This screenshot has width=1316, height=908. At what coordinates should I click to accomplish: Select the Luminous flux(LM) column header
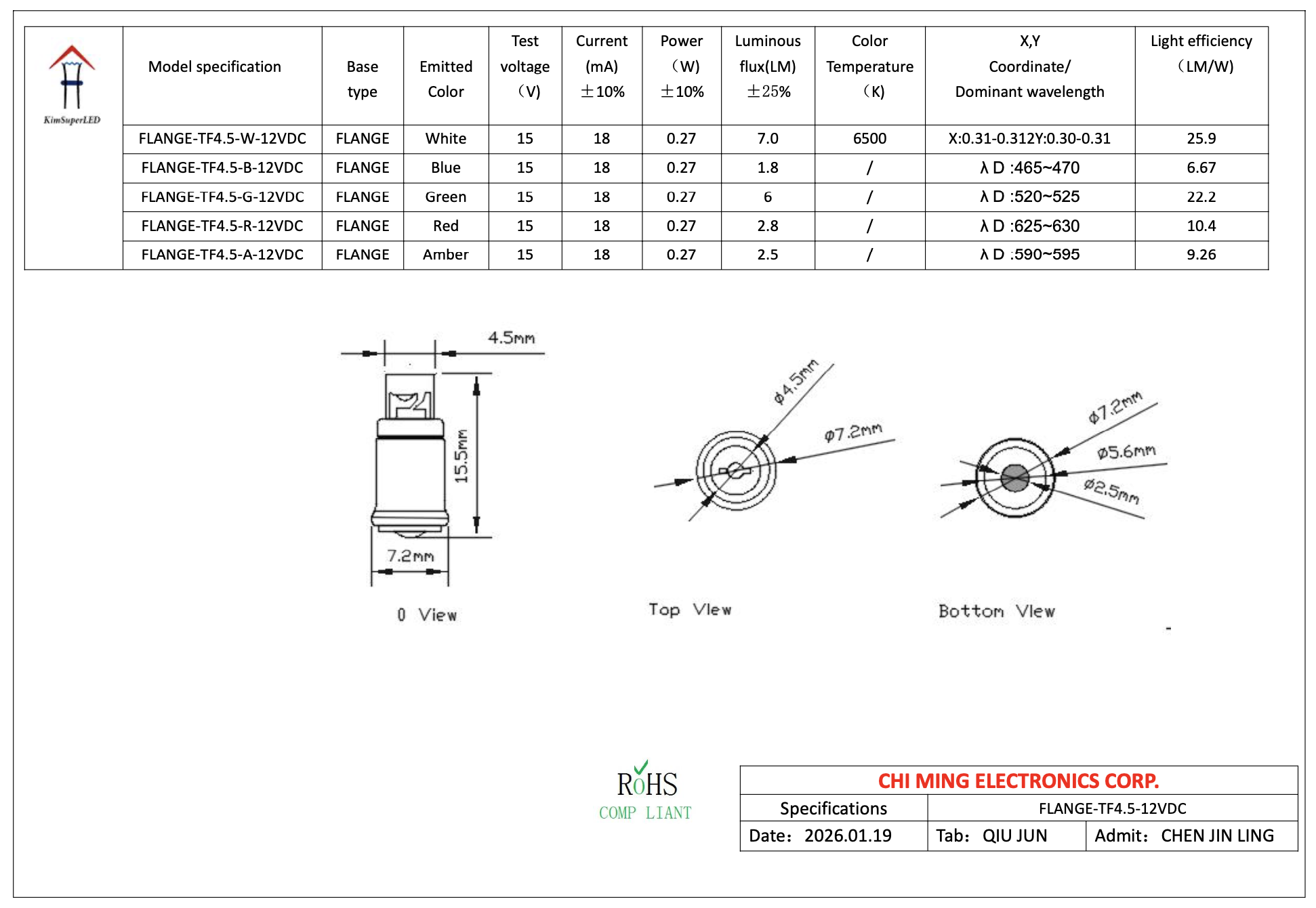(767, 66)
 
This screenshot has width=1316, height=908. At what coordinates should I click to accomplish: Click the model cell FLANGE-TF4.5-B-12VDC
(222, 167)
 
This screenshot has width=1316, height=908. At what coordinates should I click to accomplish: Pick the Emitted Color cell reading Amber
(445, 255)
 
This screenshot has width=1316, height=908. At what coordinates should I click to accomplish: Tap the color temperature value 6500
(869, 138)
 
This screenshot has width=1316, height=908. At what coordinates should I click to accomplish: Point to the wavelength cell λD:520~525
(1029, 197)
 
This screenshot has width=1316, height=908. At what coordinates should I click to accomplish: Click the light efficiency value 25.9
(1201, 138)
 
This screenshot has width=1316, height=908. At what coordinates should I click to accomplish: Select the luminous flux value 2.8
(767, 226)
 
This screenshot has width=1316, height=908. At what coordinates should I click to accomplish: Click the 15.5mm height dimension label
(461, 456)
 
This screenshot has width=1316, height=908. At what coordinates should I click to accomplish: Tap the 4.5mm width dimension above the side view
(511, 337)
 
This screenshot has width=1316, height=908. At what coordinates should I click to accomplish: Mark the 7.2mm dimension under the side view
(410, 556)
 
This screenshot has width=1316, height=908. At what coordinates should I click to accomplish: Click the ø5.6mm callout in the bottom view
(1126, 452)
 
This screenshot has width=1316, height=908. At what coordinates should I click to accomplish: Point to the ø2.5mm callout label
(1111, 491)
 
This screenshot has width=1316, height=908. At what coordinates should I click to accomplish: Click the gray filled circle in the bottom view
(1014, 478)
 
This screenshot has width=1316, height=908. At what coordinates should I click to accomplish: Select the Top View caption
(690, 610)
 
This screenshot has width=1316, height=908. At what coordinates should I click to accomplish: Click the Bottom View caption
(996, 611)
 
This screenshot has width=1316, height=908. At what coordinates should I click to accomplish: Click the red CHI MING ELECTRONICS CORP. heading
(1018, 781)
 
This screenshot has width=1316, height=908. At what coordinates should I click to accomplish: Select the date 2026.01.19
(848, 835)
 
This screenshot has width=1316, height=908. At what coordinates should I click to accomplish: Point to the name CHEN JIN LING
(1217, 835)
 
